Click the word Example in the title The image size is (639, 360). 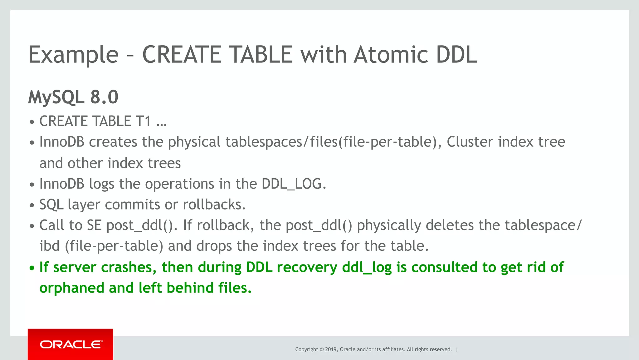(73, 55)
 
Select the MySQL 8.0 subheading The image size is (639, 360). (73, 97)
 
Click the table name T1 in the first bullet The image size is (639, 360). (143, 121)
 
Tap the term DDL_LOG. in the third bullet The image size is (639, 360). (294, 184)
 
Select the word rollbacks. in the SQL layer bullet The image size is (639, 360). (214, 205)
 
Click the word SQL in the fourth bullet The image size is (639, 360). (51, 205)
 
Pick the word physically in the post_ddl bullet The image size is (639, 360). (389, 225)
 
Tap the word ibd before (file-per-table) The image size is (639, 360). (49, 246)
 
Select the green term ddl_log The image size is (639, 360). (367, 267)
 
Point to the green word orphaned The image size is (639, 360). (71, 288)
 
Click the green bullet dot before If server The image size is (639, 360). (32, 268)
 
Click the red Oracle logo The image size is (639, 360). (71, 344)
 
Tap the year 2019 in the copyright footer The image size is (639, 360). (331, 349)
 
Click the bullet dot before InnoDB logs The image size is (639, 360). (32, 185)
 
